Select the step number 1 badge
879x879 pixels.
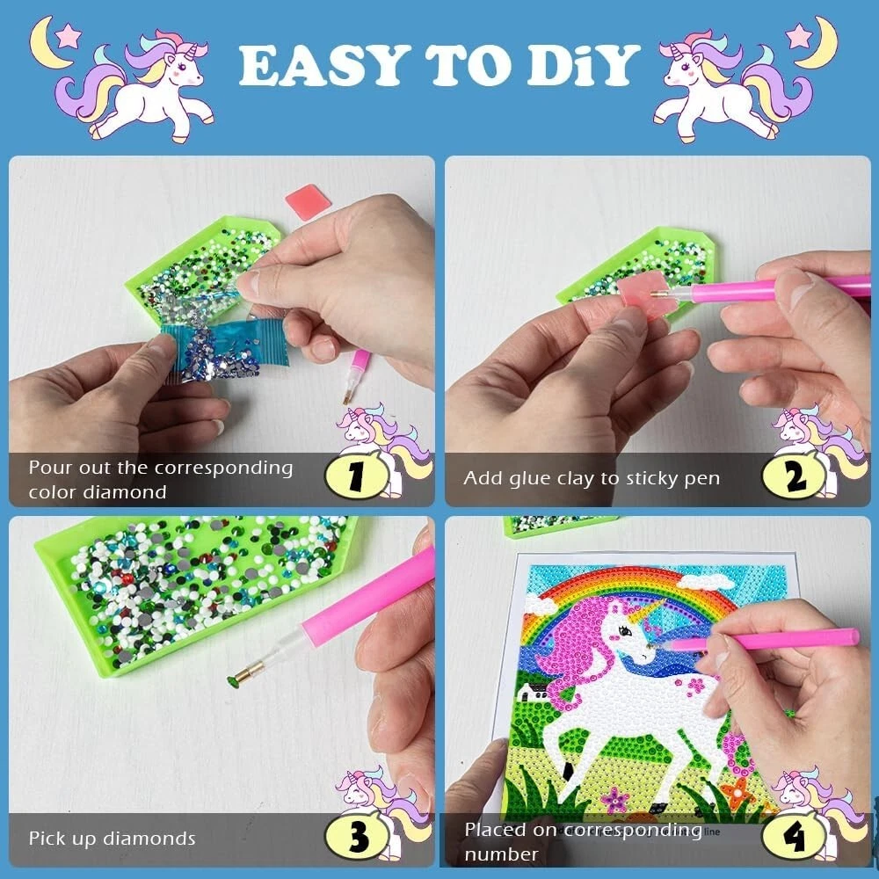point(356,477)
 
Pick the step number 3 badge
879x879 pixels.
point(357,838)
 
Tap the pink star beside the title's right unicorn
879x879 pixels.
point(799,36)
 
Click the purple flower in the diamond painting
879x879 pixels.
point(615,799)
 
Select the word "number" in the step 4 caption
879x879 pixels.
point(501,854)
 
